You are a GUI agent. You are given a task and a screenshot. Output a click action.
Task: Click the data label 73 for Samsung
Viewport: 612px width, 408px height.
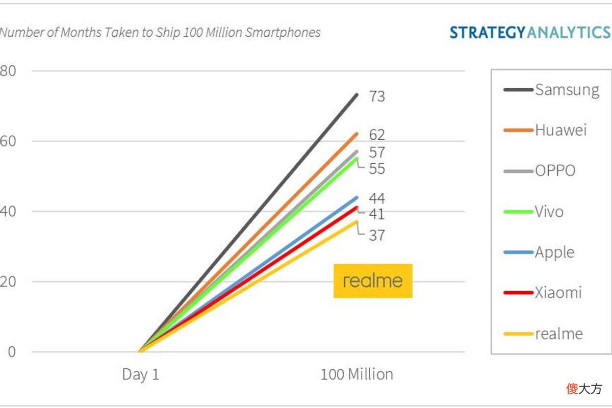click(x=377, y=96)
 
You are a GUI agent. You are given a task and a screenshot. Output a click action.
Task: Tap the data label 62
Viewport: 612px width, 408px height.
click(x=377, y=135)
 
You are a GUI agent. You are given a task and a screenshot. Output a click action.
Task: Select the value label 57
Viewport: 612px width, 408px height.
click(x=377, y=152)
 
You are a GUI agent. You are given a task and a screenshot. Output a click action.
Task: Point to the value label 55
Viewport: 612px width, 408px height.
click(x=377, y=169)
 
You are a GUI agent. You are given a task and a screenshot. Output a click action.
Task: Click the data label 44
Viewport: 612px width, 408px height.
click(x=377, y=198)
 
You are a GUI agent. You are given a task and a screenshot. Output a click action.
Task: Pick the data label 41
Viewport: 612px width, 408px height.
click(x=377, y=214)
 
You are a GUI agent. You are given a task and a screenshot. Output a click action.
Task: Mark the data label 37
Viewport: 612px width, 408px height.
click(x=377, y=235)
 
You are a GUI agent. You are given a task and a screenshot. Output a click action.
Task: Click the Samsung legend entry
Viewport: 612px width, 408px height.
click(x=551, y=90)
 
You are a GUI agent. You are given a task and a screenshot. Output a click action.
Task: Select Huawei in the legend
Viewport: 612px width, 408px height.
click(x=545, y=130)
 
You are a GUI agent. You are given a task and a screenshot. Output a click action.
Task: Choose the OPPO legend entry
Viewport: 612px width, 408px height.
click(x=540, y=171)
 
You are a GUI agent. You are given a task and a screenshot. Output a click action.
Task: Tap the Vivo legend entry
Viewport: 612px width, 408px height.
click(x=533, y=212)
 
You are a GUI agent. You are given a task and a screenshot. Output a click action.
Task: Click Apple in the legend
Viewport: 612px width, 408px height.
click(x=539, y=252)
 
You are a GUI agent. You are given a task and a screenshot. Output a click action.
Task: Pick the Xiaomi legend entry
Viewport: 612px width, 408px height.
click(x=543, y=293)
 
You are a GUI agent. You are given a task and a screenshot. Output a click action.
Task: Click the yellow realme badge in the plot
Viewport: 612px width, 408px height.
click(x=373, y=280)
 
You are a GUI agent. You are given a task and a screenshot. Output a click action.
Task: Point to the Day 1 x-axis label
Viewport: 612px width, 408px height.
click(x=140, y=375)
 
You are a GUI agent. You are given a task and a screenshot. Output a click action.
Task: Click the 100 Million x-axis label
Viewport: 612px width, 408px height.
click(x=357, y=374)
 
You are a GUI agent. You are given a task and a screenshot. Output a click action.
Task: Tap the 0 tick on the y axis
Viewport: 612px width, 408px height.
click(x=12, y=352)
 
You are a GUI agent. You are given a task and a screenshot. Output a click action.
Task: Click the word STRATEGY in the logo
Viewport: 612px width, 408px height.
click(x=488, y=33)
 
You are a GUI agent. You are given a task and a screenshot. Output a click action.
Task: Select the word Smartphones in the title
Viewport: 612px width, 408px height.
click(x=283, y=33)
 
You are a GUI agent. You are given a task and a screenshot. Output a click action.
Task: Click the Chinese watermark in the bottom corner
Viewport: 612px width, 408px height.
click(x=584, y=389)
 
